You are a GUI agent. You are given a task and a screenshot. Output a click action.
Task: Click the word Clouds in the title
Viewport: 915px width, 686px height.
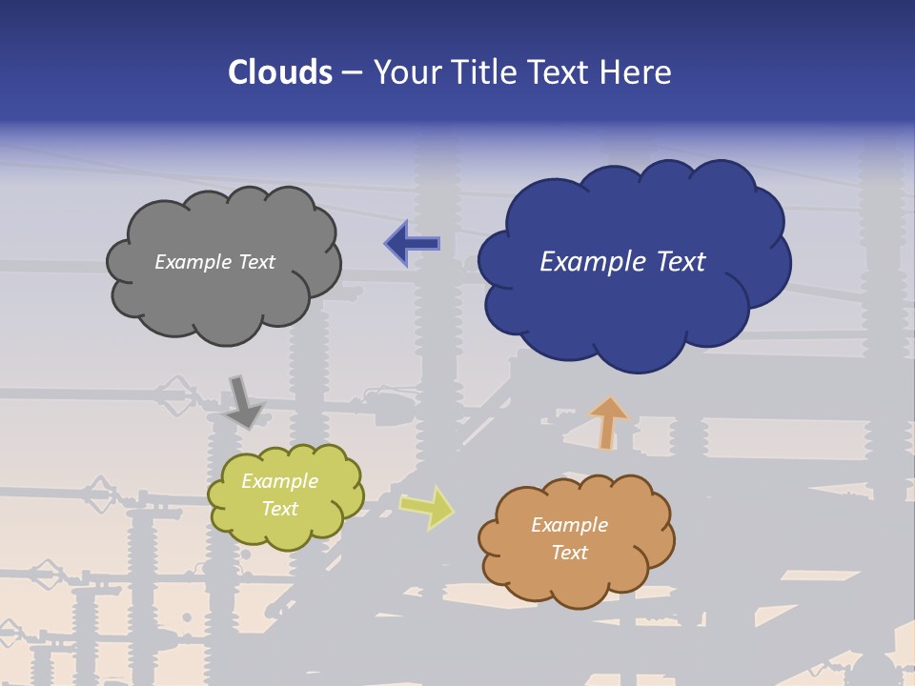[280, 72]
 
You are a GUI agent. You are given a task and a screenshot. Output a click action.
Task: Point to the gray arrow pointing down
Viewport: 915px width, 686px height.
[244, 402]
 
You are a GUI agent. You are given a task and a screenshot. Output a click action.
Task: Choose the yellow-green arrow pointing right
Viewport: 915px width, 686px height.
[426, 506]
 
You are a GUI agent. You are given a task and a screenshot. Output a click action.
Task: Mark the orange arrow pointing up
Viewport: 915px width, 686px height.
[607, 421]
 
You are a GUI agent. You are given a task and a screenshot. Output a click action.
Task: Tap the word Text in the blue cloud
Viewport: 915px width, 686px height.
[679, 262]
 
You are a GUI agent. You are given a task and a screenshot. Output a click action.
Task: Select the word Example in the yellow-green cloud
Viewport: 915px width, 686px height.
[280, 482]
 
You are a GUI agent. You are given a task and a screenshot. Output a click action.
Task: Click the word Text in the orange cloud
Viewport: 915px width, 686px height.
[570, 553]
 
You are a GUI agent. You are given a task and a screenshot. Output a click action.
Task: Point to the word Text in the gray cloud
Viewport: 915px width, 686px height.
[256, 262]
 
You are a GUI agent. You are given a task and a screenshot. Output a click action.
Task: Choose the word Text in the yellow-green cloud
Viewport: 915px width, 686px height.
[280, 509]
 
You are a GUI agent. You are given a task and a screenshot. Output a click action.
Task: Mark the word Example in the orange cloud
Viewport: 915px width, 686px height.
[570, 525]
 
